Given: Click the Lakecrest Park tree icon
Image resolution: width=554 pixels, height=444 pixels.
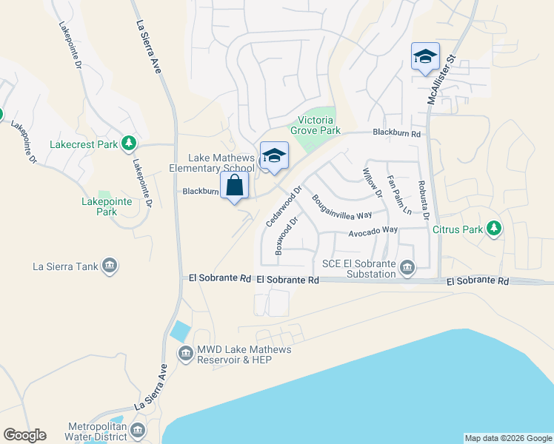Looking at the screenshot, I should coord(130,142).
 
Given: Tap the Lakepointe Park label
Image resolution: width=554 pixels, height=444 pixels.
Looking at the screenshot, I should coord(99,206).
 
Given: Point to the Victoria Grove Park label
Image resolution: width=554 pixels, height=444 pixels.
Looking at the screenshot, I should coord(318,125).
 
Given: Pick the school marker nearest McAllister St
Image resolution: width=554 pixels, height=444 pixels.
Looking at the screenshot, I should coord(425,57).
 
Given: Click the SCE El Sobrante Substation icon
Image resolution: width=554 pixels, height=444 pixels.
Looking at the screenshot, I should coord(407,266).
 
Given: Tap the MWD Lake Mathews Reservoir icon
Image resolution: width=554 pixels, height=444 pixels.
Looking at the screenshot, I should coord(184,354).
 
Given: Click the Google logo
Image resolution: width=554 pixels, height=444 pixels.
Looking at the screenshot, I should coord(24,435).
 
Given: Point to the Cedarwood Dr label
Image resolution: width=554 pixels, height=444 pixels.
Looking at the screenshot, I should coord(284,206).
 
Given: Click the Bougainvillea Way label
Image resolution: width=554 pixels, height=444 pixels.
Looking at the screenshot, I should coord(341,207).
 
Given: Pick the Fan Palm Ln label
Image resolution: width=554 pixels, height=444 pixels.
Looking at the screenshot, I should coord(398,195).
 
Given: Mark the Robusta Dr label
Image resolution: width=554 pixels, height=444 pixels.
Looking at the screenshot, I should coord(423,201).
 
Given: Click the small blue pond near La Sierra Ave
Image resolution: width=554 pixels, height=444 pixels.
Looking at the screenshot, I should coord(180,330).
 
